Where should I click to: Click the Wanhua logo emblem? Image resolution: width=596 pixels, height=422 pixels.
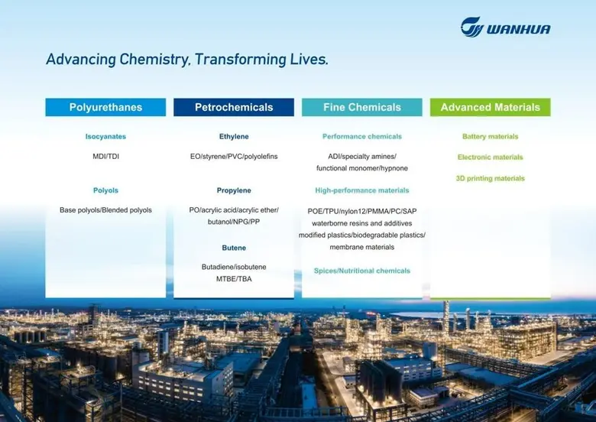473,28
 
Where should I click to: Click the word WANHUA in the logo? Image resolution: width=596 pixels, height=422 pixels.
520,30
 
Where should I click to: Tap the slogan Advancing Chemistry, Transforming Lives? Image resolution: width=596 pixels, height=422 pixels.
187,60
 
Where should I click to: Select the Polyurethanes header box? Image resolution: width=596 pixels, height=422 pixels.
105,107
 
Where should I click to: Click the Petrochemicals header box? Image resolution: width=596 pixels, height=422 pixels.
234,107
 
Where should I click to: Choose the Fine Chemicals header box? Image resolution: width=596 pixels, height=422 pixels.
362,107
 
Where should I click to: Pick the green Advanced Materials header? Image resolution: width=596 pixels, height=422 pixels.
491,107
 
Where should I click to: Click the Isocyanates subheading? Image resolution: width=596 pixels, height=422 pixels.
105,137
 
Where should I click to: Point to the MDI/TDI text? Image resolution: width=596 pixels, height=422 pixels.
105,156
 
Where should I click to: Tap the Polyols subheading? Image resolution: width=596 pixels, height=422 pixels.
105,190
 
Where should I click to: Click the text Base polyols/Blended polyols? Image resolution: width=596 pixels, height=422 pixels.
105,209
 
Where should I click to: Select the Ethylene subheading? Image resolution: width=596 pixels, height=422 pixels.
234,137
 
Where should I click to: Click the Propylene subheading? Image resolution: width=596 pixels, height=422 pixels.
234,190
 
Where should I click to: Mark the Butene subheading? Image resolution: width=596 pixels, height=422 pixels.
234,248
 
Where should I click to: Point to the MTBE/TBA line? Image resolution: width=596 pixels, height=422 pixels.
234,278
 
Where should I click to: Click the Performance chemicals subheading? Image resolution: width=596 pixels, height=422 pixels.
362,137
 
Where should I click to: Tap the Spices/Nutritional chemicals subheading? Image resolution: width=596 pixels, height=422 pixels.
362,271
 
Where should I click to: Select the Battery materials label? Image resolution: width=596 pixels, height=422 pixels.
491,137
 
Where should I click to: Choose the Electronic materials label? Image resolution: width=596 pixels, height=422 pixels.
491,157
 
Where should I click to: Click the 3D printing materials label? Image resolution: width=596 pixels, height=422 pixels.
491,178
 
